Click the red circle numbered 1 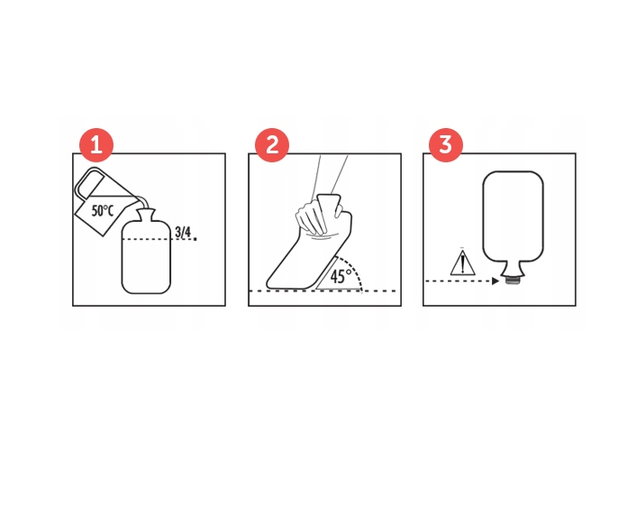[x=96, y=145]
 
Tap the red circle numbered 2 [x=272, y=145]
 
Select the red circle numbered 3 [x=446, y=145]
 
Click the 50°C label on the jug [x=103, y=211]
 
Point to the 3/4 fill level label [x=183, y=232]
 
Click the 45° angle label [x=341, y=276]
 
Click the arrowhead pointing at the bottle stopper [x=495, y=281]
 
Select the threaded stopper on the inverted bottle [x=513, y=280]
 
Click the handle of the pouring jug [x=89, y=182]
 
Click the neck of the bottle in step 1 [x=146, y=216]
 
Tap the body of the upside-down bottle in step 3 [x=513, y=216]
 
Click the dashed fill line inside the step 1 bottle [x=146, y=240]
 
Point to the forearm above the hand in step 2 [x=332, y=175]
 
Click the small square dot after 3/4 [x=195, y=239]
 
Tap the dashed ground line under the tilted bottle [x=323, y=291]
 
